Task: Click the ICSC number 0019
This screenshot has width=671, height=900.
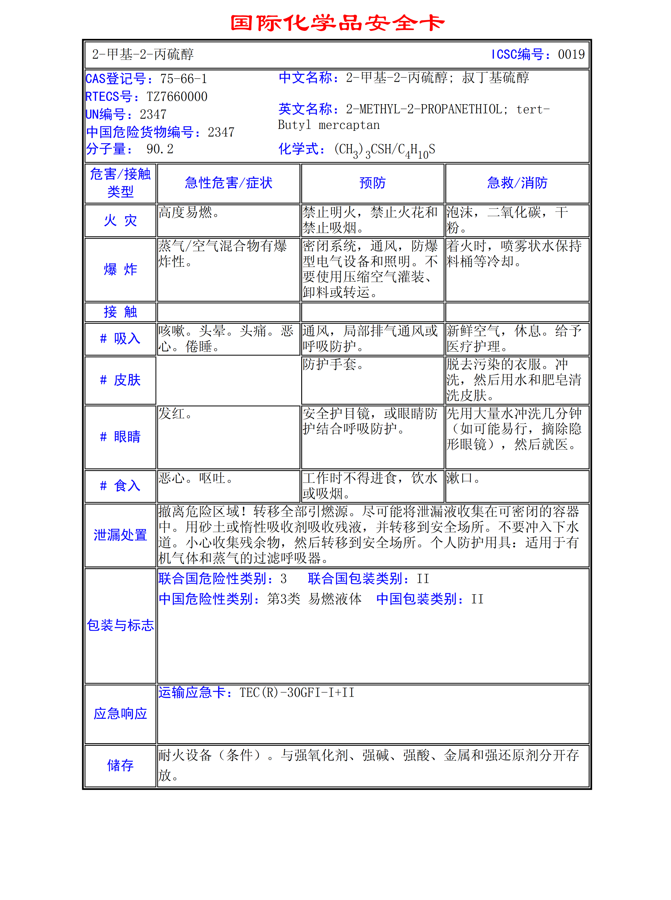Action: (x=571, y=54)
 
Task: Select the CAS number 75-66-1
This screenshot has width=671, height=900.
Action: (x=184, y=79)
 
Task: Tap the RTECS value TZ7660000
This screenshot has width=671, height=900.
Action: (x=177, y=97)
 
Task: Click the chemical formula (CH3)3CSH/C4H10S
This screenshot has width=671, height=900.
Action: (x=384, y=150)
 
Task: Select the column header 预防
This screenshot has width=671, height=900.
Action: (x=372, y=183)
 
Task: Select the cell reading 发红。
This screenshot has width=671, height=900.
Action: (x=175, y=414)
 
